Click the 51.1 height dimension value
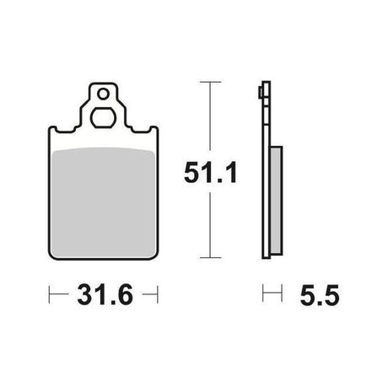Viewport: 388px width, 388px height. tap(211, 172)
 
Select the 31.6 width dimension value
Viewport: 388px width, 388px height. tap(105, 294)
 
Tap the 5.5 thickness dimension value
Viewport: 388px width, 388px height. tap(320, 294)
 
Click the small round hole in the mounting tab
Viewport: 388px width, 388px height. tap(103, 94)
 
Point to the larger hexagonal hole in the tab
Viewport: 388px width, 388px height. tap(103, 117)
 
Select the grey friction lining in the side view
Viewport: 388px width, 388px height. tap(277, 200)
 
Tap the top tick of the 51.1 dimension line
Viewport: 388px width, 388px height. tap(210, 82)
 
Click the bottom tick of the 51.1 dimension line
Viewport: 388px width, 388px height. tap(210, 257)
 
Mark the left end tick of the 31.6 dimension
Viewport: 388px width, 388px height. tap(49, 294)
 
